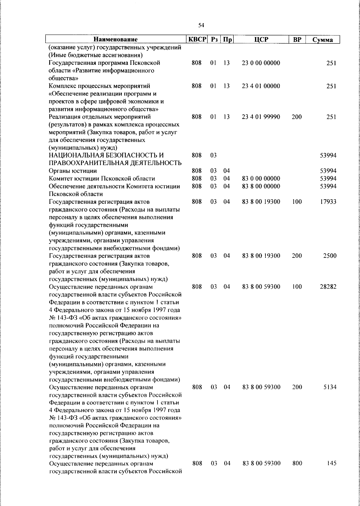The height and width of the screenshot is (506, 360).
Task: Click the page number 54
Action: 201,26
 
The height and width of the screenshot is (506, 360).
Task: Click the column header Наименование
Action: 115,40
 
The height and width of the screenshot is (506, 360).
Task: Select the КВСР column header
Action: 197,40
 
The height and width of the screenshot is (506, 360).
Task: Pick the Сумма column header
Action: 322,40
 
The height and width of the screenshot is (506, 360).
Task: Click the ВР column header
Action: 297,40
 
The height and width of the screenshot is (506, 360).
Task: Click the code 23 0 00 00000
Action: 261,63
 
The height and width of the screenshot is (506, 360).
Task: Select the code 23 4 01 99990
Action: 261,117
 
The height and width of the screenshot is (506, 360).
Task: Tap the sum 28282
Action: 328,287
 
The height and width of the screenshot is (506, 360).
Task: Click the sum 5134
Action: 330,387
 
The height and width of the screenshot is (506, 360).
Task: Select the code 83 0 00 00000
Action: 261,179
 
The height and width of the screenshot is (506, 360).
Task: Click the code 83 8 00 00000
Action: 261,186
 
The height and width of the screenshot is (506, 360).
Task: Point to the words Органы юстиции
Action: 73,171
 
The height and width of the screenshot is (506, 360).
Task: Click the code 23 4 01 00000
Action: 261,86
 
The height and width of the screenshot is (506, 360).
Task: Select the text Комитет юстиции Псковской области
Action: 102,179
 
